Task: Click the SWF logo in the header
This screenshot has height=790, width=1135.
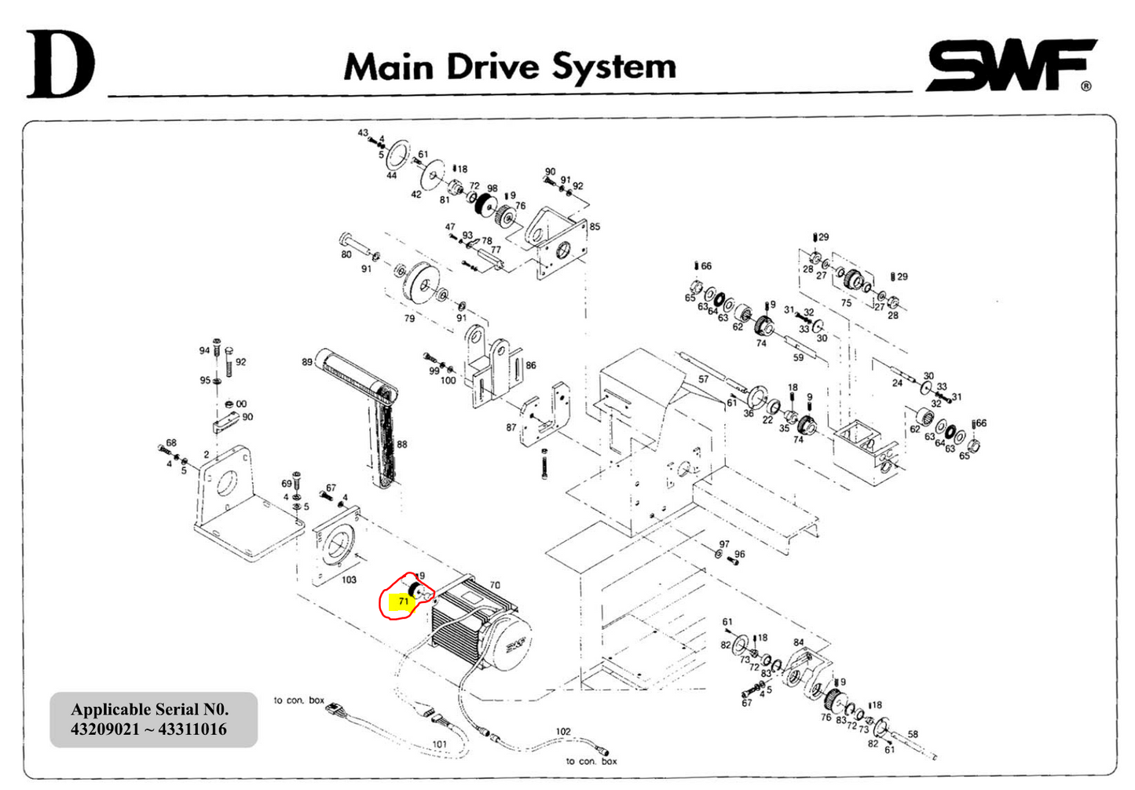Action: (1012, 65)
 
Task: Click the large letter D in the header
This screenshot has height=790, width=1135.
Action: (60, 65)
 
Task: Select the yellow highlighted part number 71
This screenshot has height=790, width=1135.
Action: (403, 602)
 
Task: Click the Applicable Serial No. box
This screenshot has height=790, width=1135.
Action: (153, 719)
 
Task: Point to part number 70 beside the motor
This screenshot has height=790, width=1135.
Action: (495, 585)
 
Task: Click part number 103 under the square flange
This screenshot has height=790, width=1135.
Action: (348, 580)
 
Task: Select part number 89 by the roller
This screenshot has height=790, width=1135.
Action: (307, 362)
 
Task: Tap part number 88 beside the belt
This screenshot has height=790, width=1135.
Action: (402, 444)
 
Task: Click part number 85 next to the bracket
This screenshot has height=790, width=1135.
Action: (595, 227)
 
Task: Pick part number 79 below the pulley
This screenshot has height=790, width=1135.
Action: (409, 318)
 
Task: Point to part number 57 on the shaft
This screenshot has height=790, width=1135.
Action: (703, 379)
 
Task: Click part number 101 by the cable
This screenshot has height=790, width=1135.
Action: (440, 744)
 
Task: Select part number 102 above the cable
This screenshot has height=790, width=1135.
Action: (563, 731)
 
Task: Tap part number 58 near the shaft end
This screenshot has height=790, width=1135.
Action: (913, 735)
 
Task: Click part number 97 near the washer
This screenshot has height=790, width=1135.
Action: (724, 544)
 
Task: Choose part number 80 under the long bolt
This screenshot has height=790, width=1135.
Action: (346, 254)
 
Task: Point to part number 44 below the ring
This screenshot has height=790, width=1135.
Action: (391, 176)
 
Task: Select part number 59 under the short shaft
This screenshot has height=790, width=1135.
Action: (798, 357)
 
